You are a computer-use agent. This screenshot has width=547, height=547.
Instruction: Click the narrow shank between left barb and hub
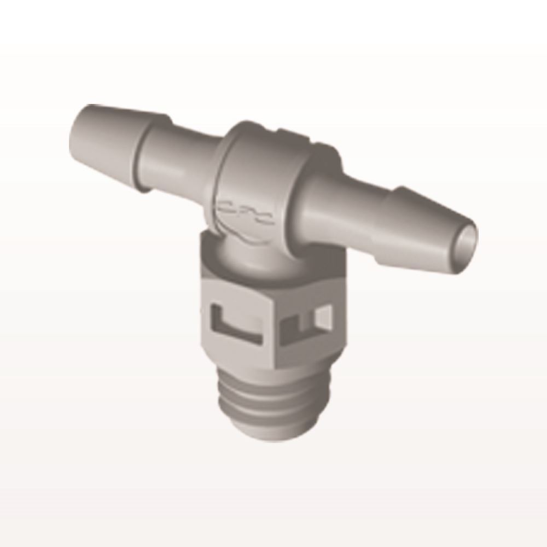181,159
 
